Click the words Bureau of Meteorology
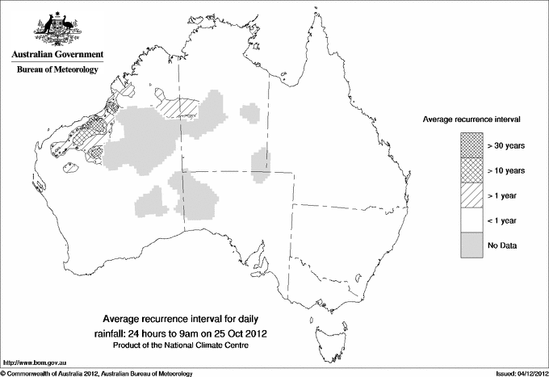[x=57, y=69]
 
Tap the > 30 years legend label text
[x=507, y=145]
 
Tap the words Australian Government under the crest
[x=57, y=55]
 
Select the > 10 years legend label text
[x=507, y=170]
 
